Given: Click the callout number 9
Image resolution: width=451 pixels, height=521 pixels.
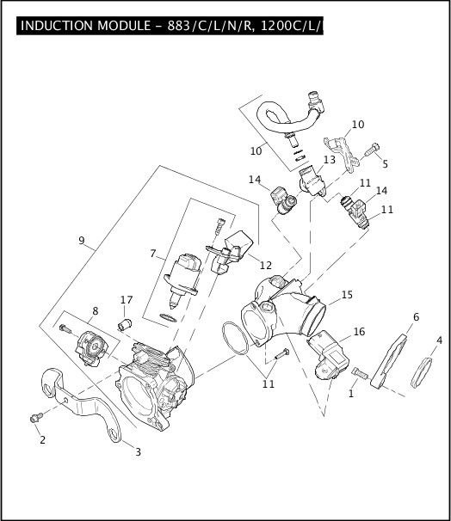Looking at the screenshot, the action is pos(82,240).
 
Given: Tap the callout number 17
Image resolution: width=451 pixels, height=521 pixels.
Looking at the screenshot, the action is pos(127,300).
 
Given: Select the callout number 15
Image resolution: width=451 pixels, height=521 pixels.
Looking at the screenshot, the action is pos(347,295).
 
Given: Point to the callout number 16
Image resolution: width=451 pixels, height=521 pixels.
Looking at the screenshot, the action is pos(359,332).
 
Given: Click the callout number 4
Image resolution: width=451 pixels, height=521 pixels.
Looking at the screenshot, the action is pos(439,340).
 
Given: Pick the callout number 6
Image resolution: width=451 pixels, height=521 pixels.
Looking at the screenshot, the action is pos(416,317).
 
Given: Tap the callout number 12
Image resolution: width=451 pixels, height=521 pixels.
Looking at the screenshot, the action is pos(266,265).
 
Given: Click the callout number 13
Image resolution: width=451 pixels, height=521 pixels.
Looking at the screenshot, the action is pos(330,160).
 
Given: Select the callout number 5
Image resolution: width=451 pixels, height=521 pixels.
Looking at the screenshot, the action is pos(385,164).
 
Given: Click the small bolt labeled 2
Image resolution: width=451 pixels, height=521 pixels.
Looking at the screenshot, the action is pos(36,417).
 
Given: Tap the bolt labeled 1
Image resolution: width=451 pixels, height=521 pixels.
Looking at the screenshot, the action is pos(360,373).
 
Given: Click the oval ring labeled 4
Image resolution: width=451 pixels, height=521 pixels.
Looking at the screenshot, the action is pos(422,372).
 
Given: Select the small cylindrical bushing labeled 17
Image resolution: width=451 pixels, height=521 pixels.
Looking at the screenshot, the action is pos(125,324).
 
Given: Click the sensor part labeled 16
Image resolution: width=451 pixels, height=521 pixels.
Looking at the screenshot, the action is pos(328,354).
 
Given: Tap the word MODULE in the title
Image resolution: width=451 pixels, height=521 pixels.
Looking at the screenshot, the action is pos(124,26).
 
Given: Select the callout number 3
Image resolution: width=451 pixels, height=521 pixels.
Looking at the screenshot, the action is pos(138,452).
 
